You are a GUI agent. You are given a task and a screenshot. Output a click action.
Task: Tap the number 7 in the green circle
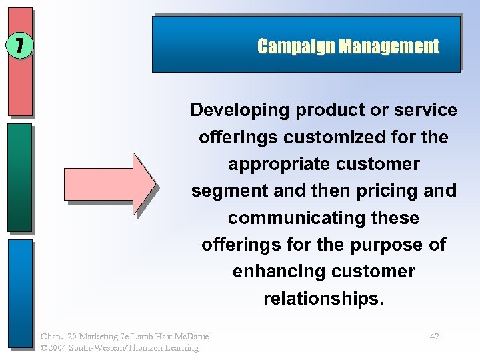pyautogui.click(x=20, y=45)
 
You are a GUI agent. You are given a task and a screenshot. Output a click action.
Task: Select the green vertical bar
pyautogui.click(x=20, y=177)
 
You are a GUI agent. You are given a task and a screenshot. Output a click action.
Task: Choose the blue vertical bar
pyautogui.click(x=20, y=293)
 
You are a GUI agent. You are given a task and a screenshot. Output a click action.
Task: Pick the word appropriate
pyautogui.click(x=276, y=164)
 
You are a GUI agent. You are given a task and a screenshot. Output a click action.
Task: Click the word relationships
pyautogui.click(x=323, y=299)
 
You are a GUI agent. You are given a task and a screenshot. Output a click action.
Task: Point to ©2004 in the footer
pyautogui.click(x=55, y=347)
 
